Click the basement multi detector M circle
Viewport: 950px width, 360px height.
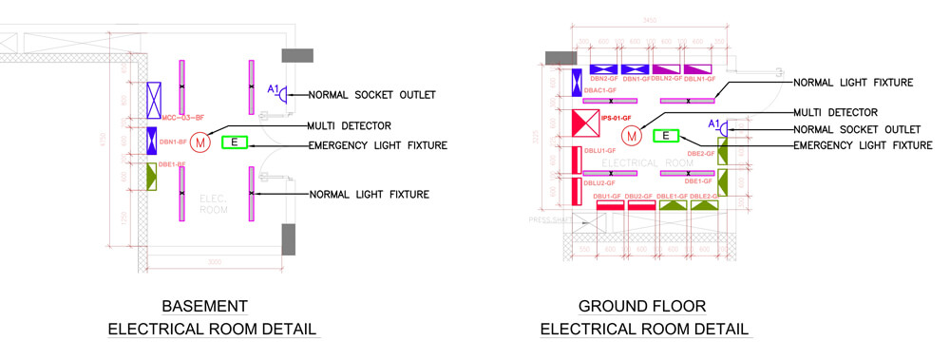click(199, 142)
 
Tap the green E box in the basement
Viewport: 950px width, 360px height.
click(234, 142)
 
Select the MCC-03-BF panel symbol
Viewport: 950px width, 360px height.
click(154, 98)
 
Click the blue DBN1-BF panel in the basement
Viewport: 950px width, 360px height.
click(152, 141)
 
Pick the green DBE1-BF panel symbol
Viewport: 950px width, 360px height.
click(151, 176)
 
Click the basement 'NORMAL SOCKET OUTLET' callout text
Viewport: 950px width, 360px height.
click(371, 94)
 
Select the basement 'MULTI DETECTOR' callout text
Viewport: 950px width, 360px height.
click(349, 126)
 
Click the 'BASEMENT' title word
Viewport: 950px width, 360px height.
click(205, 307)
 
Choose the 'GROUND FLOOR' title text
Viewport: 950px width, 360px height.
click(642, 307)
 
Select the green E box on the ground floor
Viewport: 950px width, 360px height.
click(668, 136)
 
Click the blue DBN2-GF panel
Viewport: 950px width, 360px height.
click(603, 69)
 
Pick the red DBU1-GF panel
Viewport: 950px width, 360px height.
click(609, 205)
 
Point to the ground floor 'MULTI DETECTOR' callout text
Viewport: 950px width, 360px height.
click(835, 112)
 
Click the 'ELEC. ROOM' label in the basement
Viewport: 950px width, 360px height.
click(215, 203)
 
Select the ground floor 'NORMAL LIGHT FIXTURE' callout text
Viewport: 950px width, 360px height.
click(853, 83)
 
